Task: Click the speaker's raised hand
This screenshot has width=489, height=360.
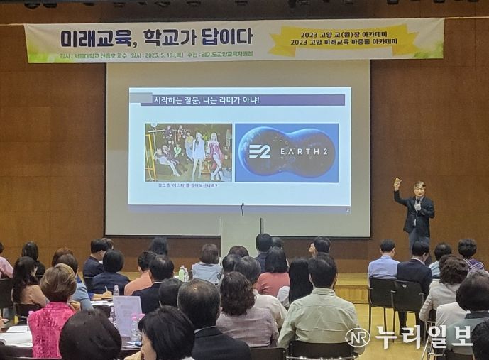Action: coord(397,182)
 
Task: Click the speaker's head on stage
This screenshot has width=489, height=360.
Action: coord(419,189)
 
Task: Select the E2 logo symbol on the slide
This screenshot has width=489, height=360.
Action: coord(259,151)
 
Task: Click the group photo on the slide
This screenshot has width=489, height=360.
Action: coord(188,152)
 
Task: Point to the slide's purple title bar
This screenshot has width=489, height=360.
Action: coord(241,100)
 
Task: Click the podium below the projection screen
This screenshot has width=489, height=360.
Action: coord(241,235)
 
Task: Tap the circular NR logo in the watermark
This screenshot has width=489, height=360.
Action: coord(358,337)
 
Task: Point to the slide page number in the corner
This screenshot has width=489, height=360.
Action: coord(346,209)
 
